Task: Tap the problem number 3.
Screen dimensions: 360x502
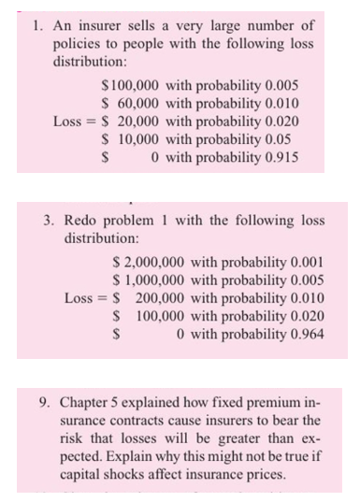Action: click(x=49, y=222)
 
